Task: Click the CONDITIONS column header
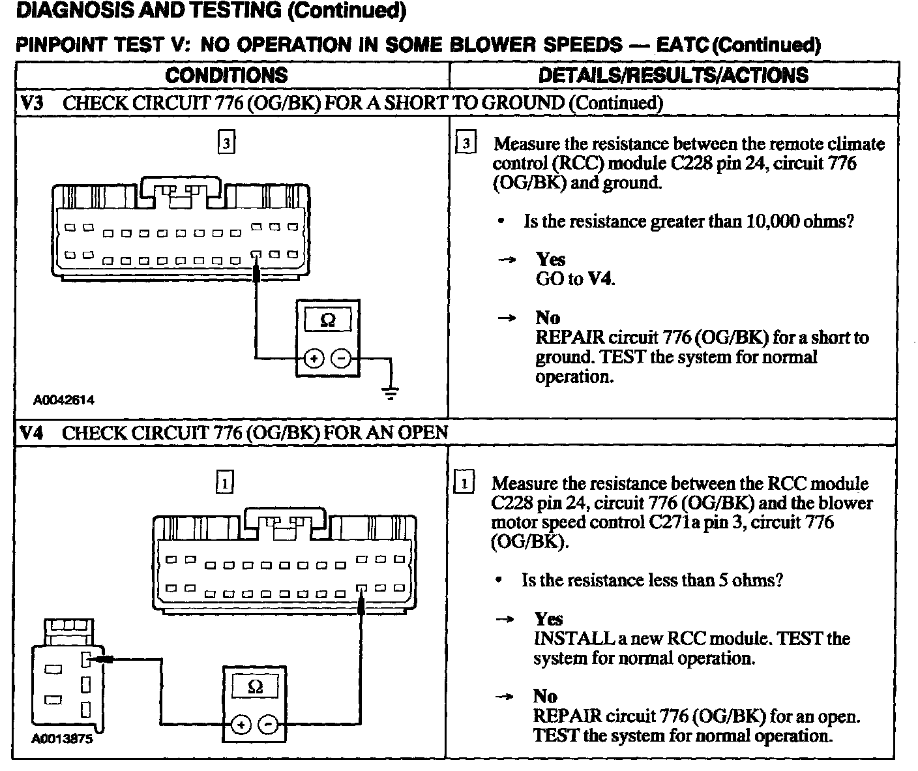point(226,75)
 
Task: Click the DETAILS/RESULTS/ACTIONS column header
point(673,75)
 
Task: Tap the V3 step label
point(31,103)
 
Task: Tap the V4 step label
point(31,432)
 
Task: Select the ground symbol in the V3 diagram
point(391,392)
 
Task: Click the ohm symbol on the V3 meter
point(329,320)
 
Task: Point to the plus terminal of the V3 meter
point(314,359)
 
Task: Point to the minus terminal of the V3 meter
point(342,359)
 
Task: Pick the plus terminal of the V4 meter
point(241,725)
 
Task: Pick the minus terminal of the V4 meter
point(268,725)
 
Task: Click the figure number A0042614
point(64,401)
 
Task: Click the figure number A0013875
point(62,740)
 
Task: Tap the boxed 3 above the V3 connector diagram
point(226,143)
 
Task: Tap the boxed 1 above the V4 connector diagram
point(224,483)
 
